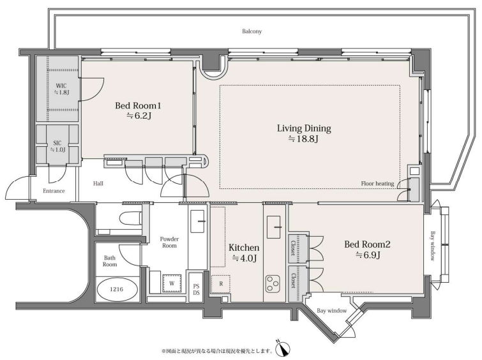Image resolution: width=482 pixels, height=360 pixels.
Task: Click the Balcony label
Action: point(252,31)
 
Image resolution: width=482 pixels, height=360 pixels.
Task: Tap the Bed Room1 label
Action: point(138,106)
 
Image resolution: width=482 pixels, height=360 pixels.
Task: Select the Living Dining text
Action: point(304,128)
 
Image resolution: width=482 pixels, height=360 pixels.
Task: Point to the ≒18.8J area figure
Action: point(303,139)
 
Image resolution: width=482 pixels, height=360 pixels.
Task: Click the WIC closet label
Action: point(61,86)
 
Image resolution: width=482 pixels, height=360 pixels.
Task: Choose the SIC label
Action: point(57,143)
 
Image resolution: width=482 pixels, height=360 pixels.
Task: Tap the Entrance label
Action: point(54,191)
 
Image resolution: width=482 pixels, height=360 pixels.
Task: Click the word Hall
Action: point(98,184)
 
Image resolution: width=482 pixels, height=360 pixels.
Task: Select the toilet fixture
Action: point(130,218)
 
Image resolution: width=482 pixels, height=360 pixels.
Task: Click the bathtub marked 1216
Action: point(117,289)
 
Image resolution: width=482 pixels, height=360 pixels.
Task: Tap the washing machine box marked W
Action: point(172,283)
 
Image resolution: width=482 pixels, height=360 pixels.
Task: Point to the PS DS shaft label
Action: point(196,290)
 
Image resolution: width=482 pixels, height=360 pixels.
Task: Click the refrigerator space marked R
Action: point(221,284)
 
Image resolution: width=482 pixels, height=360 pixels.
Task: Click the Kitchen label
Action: point(244,248)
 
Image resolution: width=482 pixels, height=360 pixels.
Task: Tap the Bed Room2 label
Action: point(367,244)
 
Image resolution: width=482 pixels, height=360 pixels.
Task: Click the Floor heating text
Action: point(377,184)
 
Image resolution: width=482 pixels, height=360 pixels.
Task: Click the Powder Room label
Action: point(169,243)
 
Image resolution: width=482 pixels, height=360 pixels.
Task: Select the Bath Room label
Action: point(110,261)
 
